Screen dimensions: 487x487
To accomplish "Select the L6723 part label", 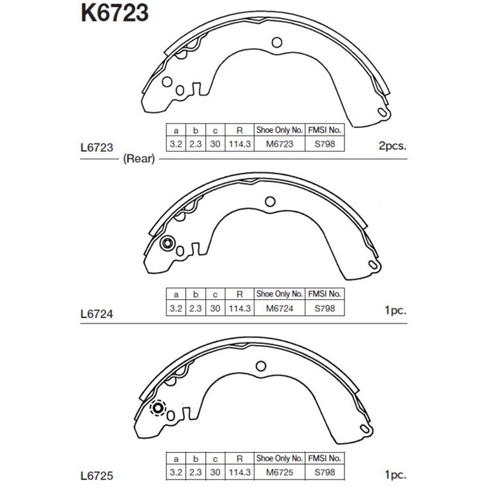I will click(97, 147).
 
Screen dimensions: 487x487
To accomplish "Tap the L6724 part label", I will click(97, 313).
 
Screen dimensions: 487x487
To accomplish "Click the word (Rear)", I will click(138, 159).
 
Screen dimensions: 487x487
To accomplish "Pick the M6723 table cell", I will click(279, 144).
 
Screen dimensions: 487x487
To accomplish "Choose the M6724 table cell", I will click(279, 308).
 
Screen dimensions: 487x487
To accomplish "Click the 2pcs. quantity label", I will click(392, 147).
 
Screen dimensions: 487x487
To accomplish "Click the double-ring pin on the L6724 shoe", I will click(166, 243).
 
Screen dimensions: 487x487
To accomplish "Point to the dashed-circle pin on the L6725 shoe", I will click(158, 408).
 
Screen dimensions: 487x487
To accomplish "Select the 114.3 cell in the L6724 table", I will click(239, 308).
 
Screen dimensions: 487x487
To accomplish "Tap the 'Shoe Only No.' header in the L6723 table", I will click(279, 129).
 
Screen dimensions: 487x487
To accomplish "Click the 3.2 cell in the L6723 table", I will click(176, 144).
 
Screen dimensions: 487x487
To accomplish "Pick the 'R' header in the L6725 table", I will click(239, 459).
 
